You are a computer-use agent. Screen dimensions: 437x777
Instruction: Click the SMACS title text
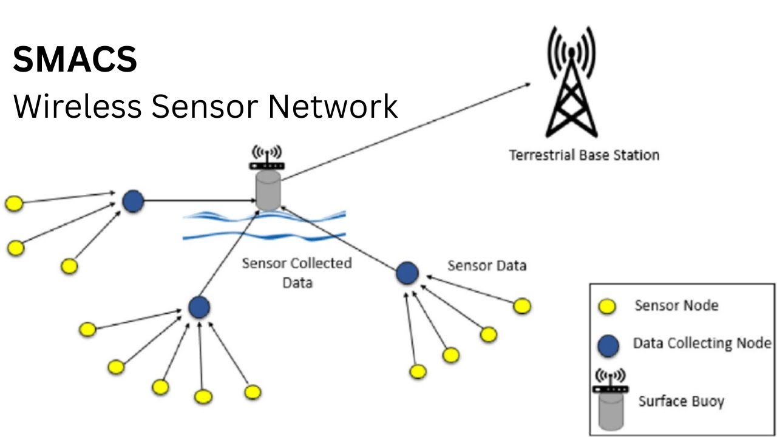click(75, 60)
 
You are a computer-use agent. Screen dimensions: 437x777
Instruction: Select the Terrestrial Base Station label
click(584, 155)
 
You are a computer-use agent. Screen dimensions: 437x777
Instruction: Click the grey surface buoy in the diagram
click(268, 190)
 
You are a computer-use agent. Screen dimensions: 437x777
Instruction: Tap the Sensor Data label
click(486, 265)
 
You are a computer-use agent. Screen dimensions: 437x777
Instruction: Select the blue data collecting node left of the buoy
click(132, 201)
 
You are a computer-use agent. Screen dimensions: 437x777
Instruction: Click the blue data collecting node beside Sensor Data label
click(407, 273)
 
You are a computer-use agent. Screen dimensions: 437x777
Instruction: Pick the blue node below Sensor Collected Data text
click(198, 307)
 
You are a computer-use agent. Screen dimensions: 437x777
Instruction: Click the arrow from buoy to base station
click(407, 131)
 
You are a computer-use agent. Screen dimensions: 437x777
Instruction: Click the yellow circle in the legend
click(607, 307)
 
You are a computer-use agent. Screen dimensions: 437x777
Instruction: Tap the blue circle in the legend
click(608, 346)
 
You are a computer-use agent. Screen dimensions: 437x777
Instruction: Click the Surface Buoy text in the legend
click(681, 401)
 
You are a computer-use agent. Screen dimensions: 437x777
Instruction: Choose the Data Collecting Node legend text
click(702, 343)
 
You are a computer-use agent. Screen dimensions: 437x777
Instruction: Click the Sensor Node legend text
click(676, 305)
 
